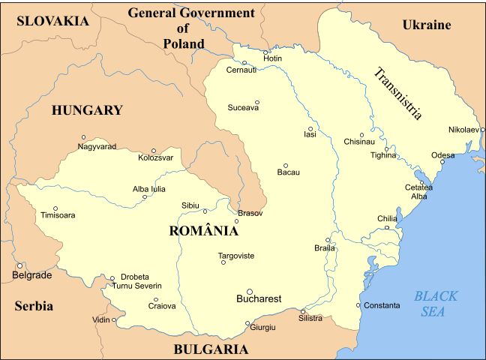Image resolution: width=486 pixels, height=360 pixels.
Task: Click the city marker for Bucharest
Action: [250, 292]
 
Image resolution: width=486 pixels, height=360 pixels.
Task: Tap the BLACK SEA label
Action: [436, 304]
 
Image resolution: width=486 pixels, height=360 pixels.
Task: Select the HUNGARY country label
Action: [87, 110]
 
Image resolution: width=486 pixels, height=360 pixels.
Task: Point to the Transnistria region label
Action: [398, 94]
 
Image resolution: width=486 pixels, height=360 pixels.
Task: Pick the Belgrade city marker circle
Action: [20, 265]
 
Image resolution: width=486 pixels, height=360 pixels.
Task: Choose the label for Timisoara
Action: [58, 215]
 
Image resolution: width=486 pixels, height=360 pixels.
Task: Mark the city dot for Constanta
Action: [358, 305]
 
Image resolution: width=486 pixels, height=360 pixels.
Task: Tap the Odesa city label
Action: [442, 155]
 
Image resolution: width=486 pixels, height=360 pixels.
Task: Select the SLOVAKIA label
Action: [52, 21]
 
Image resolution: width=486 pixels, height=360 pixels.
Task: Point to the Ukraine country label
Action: [427, 25]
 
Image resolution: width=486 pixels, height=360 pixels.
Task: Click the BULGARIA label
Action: [211, 349]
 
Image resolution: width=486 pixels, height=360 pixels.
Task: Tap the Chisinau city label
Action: [358, 141]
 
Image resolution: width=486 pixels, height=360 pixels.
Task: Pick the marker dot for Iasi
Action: [310, 128]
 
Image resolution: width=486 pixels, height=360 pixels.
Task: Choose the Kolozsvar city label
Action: [156, 157]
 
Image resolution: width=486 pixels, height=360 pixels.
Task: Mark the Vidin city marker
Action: [115, 320]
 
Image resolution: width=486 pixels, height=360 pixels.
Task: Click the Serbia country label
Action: [34, 306]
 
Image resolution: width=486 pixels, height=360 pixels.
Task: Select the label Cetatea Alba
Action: [418, 192]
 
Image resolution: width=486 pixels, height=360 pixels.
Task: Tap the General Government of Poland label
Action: [190, 28]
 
